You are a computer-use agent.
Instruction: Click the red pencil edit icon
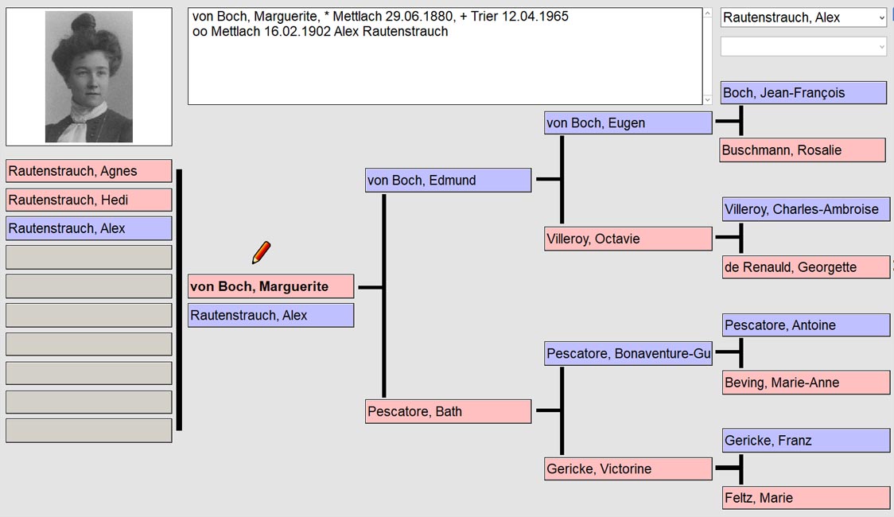coord(261,252)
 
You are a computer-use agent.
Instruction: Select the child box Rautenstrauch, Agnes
coord(89,171)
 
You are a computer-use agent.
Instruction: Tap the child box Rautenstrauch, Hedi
coord(89,200)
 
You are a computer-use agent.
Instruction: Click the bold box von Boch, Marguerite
coord(270,286)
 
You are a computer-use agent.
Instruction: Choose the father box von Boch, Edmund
coord(448,180)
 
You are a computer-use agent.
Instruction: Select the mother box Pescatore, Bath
coord(448,411)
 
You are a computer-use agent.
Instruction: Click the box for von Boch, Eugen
coord(628,123)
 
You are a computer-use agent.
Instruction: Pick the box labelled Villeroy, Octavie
coord(628,239)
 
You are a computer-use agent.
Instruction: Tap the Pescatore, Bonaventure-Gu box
coord(628,353)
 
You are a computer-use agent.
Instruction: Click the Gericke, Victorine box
coord(628,469)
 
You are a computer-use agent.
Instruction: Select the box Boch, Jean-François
coord(803,93)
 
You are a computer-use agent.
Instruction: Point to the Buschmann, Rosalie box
coord(803,150)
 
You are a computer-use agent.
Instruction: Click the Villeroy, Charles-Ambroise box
coord(806,209)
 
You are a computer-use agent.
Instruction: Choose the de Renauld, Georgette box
coord(806,266)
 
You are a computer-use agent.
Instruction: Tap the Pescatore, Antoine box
coord(806,325)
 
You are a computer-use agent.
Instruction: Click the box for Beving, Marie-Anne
coord(806,383)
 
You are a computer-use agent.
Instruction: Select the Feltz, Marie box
coord(806,498)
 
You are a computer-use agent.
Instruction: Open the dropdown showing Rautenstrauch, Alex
coord(803,17)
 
